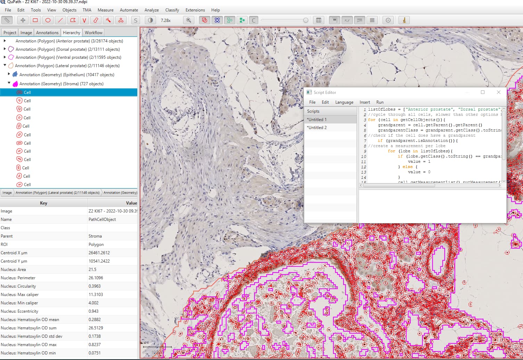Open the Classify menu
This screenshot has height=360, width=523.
coord(172,10)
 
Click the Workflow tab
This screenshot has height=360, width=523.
coord(93,33)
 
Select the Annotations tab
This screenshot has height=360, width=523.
coord(47,33)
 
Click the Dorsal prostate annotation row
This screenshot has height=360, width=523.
coord(67,49)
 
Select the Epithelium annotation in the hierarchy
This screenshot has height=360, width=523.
coord(67,75)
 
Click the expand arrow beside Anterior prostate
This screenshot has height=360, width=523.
coord(5,41)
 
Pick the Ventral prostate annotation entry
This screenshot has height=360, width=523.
coord(68,57)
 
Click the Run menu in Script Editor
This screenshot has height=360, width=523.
coord(380,102)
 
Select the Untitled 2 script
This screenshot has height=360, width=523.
coord(317,128)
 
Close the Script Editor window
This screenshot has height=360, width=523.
coord(499,92)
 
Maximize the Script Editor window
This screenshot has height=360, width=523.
coord(483,92)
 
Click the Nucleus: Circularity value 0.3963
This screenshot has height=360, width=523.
coord(95,286)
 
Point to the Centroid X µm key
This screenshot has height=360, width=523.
coord(14,253)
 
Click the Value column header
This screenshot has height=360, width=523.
coord(131,203)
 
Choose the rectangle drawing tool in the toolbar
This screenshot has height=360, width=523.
coord(35,20)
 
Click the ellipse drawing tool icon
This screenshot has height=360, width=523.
coord(48,20)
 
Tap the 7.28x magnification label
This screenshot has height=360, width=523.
coord(166,21)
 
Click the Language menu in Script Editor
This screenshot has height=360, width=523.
coord(344,102)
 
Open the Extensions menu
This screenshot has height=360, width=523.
coord(195,10)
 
